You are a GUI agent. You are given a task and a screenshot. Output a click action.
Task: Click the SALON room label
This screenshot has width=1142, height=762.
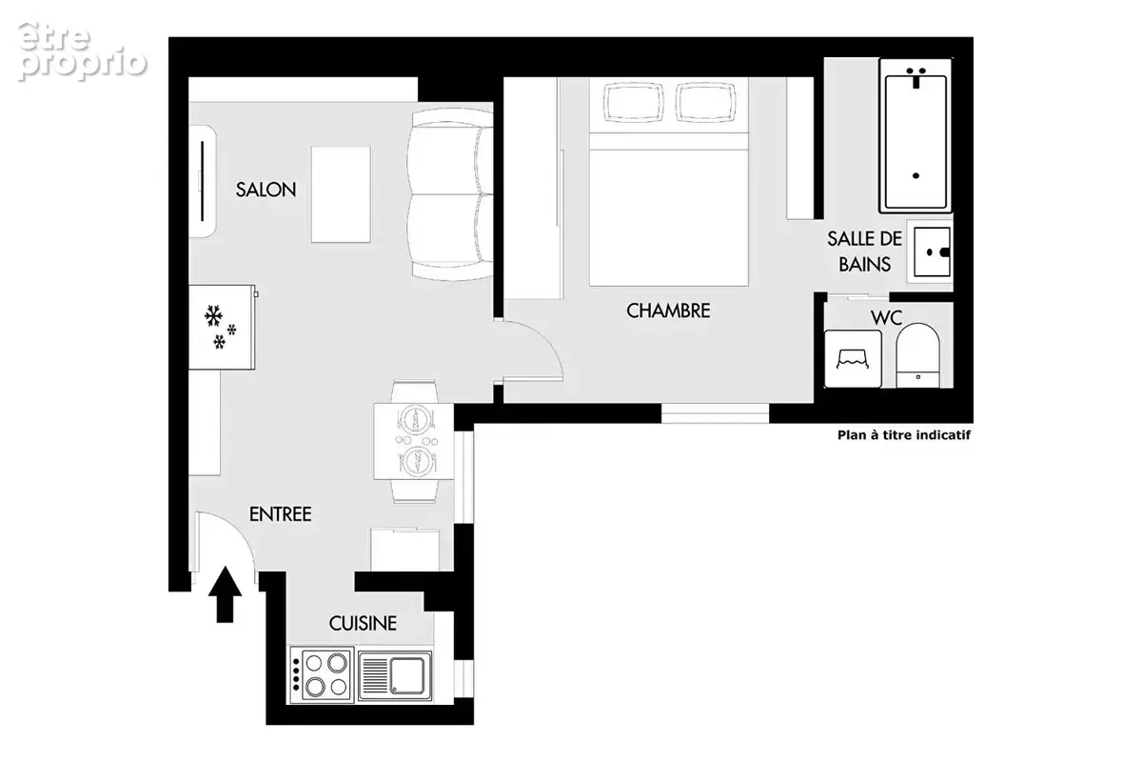coord(266,190)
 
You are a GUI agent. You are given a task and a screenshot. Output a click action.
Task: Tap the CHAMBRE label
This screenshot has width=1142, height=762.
coord(668,311)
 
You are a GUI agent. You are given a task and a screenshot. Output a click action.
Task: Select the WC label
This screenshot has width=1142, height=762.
coord(887,318)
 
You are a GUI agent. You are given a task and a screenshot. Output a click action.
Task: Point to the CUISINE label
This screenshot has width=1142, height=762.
coord(363,623)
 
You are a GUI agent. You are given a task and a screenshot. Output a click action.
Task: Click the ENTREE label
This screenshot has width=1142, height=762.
coord(280,514)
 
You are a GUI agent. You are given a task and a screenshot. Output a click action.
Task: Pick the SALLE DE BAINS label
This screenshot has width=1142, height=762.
coord(864,251)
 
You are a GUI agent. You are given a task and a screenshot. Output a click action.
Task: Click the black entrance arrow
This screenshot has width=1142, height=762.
coord(225,594)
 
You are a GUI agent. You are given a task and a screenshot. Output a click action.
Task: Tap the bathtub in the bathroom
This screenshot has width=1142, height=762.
coord(916,136)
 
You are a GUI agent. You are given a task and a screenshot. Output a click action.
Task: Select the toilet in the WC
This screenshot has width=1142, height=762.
coord(917,355)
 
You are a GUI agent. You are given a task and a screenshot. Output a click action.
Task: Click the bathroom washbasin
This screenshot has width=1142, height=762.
coord(931,251)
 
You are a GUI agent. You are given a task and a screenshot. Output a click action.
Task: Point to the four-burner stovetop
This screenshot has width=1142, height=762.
coord(322,674)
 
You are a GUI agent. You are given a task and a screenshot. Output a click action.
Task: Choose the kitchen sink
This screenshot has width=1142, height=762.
coord(395,675)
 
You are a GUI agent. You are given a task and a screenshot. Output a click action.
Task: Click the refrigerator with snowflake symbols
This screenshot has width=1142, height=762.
coord(223,327)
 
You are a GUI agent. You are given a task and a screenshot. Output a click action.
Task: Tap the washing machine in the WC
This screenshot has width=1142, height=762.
coord(853,359)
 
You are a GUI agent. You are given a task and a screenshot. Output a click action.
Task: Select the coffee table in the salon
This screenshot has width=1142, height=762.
coord(341,194)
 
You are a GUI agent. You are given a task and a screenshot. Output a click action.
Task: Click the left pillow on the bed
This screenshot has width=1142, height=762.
coord(634,102)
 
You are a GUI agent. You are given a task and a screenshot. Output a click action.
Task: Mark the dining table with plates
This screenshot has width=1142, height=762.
coord(413,441)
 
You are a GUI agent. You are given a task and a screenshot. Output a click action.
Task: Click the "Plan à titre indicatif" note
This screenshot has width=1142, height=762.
coord(904,435)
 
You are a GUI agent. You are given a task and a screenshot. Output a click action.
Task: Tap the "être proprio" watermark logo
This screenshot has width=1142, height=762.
coord(82,51)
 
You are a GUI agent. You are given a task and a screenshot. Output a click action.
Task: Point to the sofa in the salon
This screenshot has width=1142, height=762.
coord(451,194)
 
